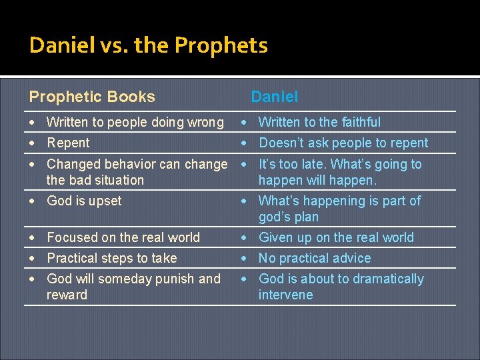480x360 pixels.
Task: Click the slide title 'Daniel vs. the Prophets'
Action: coord(148,45)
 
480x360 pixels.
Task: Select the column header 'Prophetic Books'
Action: coord(92,97)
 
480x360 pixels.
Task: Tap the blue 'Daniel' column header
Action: coord(274,97)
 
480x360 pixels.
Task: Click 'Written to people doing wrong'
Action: coord(135,122)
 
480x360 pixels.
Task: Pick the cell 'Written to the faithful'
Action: coord(319,122)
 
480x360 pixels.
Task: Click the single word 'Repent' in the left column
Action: coord(68,143)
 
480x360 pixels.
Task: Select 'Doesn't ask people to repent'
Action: coord(343,143)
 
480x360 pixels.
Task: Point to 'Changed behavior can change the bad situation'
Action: coord(137,172)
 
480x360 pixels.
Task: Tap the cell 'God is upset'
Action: coord(84,201)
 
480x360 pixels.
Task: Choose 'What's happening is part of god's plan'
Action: coord(339,209)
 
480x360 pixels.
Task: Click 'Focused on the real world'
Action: coord(123,237)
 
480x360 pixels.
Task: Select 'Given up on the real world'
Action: coord(336,237)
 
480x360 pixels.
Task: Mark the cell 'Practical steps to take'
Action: coord(111,258)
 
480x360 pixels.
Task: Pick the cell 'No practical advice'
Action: coord(315,258)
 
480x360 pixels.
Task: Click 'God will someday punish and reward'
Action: coord(133,287)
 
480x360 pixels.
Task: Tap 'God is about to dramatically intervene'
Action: coord(341,287)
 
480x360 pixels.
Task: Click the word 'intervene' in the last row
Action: coord(285,295)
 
